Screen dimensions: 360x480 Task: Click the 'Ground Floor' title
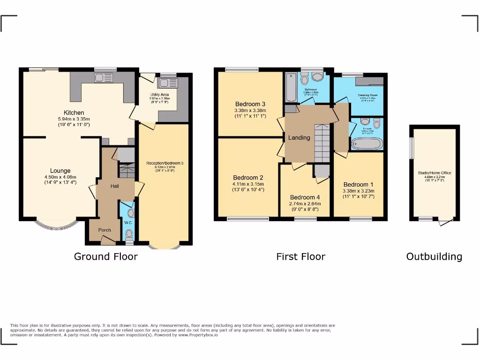pyautogui.click(x=106, y=256)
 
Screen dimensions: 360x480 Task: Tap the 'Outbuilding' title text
pyautogui.click(x=434, y=256)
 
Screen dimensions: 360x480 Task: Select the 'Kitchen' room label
pyautogui.click(x=74, y=112)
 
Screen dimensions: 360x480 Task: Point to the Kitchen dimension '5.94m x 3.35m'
pyautogui.click(x=74, y=119)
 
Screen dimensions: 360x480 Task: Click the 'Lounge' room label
pyautogui.click(x=60, y=171)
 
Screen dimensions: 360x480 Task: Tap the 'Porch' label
pyautogui.click(x=105, y=230)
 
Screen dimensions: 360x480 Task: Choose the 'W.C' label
pyautogui.click(x=127, y=223)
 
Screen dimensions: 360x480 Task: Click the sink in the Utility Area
pyautogui.click(x=166, y=83)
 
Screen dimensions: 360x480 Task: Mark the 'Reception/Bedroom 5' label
pyautogui.click(x=165, y=163)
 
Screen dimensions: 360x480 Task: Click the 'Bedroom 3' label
pyautogui.click(x=250, y=104)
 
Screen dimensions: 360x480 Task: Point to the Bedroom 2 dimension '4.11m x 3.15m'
pyautogui.click(x=248, y=184)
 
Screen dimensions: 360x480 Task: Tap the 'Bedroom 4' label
pyautogui.click(x=305, y=197)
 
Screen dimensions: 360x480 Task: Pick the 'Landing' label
pyautogui.click(x=299, y=137)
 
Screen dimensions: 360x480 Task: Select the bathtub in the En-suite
pyautogui.click(x=367, y=143)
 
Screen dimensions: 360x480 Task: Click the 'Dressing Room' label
pyautogui.click(x=367, y=95)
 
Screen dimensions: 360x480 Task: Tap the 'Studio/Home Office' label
pyautogui.click(x=435, y=173)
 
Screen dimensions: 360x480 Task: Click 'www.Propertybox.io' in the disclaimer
pyautogui.click(x=198, y=335)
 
